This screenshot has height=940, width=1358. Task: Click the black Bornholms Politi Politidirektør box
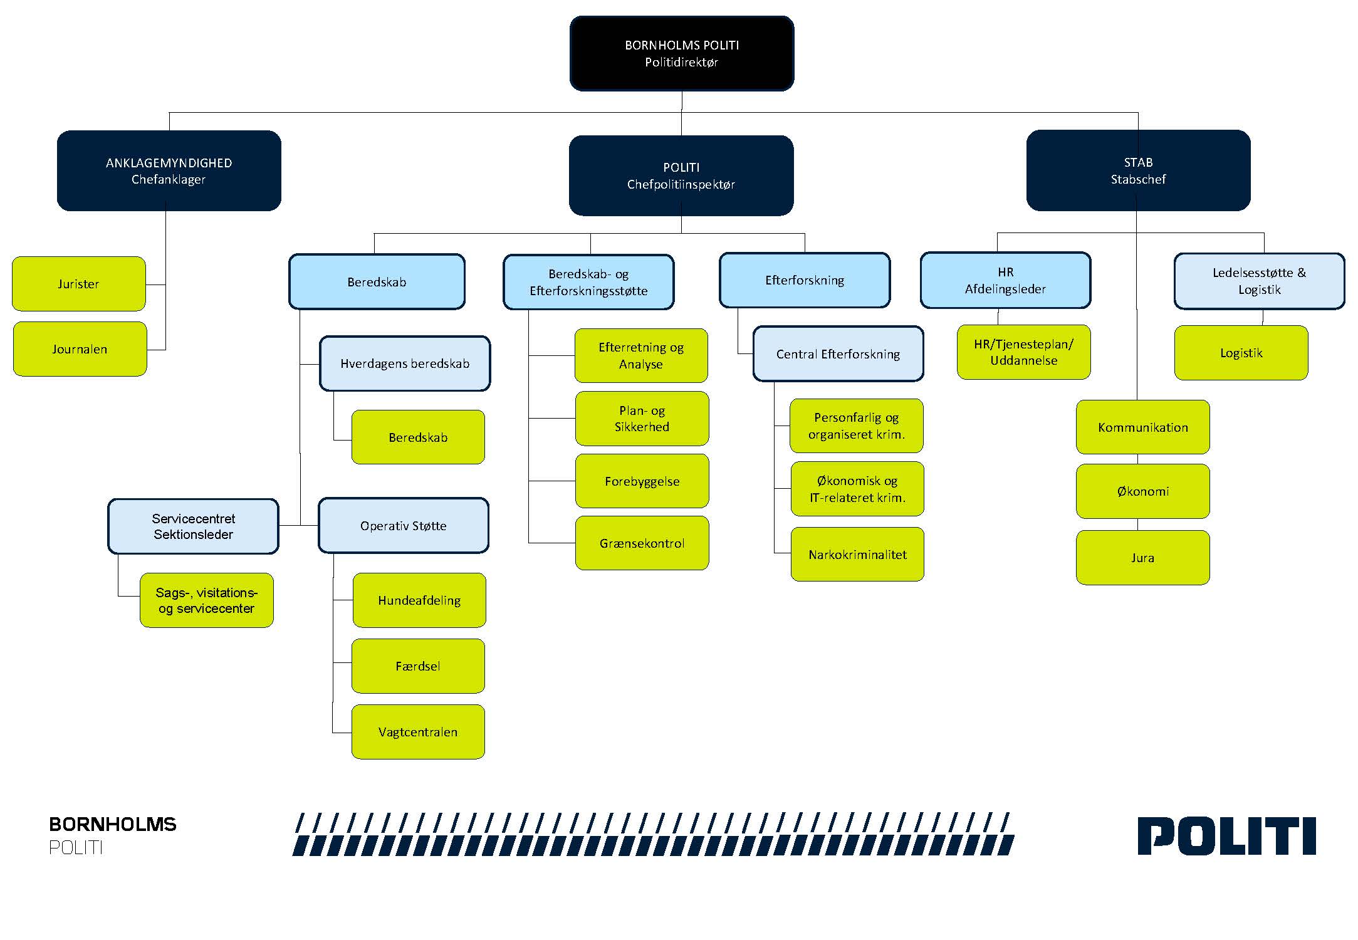[x=682, y=54]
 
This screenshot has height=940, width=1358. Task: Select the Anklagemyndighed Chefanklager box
[x=169, y=170]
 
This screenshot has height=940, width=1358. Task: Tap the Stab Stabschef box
[x=1138, y=170]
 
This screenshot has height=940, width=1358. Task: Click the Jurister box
[x=79, y=284]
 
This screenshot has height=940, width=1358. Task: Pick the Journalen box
[x=80, y=349]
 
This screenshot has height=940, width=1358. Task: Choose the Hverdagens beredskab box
[x=405, y=363]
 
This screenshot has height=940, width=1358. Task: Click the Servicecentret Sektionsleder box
[x=193, y=526]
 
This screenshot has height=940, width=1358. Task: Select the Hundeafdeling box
[x=419, y=600]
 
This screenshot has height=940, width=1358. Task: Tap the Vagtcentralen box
[x=418, y=732]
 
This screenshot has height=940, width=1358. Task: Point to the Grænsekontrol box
[x=642, y=543]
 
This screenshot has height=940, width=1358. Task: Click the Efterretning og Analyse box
[x=641, y=355]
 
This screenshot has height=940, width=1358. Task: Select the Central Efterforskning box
[x=838, y=354]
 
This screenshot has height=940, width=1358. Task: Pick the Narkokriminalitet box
[x=857, y=555]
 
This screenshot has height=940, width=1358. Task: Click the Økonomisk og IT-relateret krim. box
[x=857, y=489]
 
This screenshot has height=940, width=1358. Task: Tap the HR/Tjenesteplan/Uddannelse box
[x=1023, y=352]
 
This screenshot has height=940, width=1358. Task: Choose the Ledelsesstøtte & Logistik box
[x=1259, y=281]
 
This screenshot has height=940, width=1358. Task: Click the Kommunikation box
[x=1142, y=427]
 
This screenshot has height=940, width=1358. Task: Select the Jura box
[x=1142, y=558]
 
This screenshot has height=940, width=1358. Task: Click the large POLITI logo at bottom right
[x=1226, y=836]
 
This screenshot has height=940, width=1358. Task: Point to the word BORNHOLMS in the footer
[x=113, y=824]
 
